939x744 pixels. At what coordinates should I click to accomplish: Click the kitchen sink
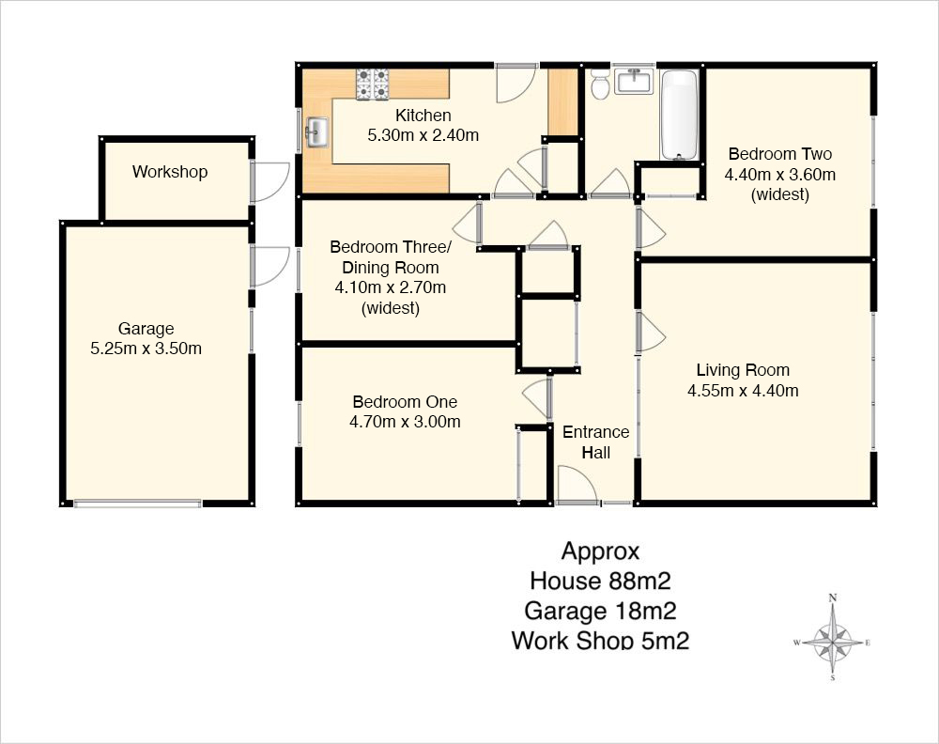(x=317, y=132)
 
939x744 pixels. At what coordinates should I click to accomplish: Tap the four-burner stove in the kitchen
(x=373, y=84)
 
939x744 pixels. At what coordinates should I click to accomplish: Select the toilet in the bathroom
(x=599, y=84)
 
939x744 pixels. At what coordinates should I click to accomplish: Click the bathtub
(x=679, y=115)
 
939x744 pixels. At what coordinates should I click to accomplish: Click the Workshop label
(x=170, y=172)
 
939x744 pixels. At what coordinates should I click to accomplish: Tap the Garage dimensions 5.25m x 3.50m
(x=146, y=349)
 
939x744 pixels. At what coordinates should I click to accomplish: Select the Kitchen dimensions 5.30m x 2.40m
(x=423, y=135)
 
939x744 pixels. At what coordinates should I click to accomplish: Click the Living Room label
(x=743, y=370)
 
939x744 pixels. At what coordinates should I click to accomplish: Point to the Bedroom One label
(x=405, y=402)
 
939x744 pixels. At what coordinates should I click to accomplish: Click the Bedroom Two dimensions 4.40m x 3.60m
(x=779, y=175)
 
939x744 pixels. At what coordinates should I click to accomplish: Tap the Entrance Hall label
(x=596, y=442)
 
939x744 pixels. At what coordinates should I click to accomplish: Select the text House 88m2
(x=600, y=581)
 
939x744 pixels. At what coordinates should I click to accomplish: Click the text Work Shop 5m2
(x=600, y=641)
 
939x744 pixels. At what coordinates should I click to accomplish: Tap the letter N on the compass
(x=832, y=597)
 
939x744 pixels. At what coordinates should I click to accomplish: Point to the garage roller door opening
(x=138, y=504)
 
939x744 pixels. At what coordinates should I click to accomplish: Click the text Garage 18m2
(x=600, y=611)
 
